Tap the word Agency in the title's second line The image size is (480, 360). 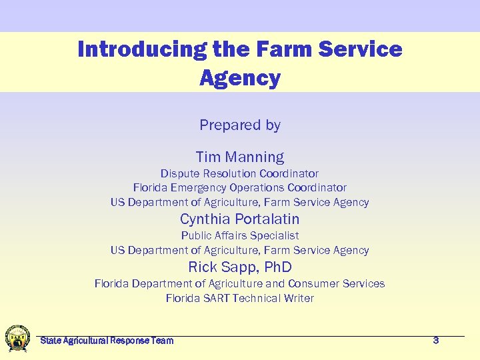[240, 79]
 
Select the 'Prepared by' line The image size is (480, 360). [240, 125]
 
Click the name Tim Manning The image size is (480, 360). [240, 157]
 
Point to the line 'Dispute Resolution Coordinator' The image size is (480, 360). [240, 173]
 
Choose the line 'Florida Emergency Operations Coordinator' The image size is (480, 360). [240, 188]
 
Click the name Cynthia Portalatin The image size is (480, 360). [240, 219]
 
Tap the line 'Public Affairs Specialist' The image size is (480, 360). [240, 235]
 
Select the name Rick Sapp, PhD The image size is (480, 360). [240, 267]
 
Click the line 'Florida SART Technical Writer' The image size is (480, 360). [240, 298]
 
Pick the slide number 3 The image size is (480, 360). [436, 341]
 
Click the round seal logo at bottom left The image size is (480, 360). [17, 338]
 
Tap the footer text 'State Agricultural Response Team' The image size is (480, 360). [107, 341]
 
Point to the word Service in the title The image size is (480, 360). [362, 49]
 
